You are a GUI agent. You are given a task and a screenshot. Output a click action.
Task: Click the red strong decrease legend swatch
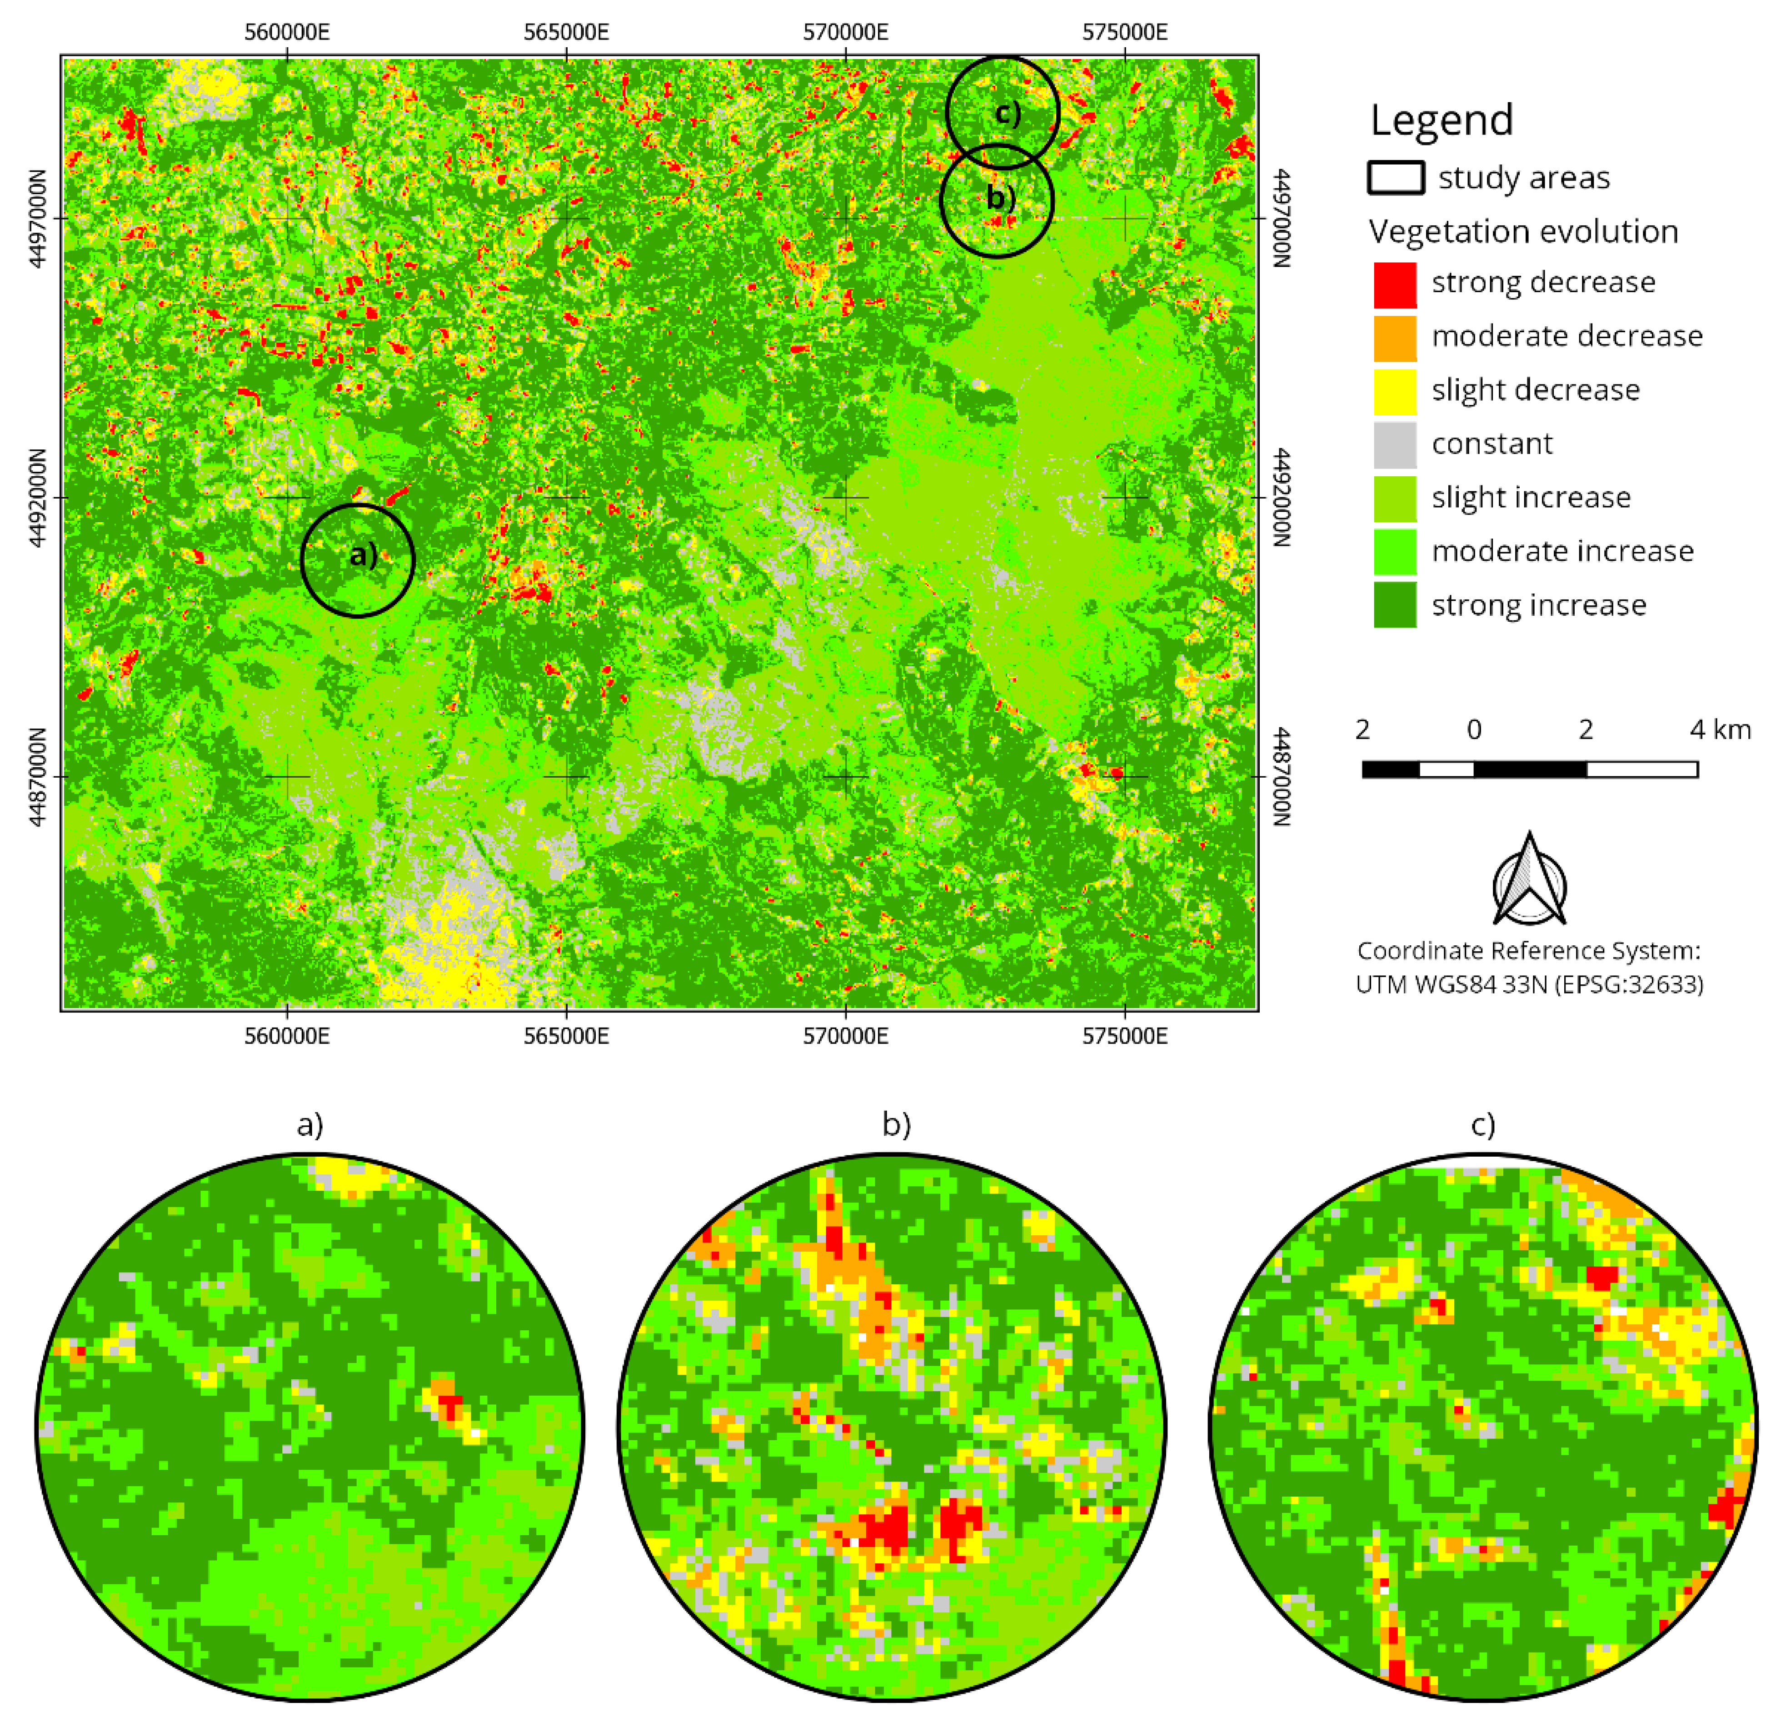pyautogui.click(x=1394, y=285)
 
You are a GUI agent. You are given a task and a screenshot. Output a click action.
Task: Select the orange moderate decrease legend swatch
pyautogui.click(x=1394, y=338)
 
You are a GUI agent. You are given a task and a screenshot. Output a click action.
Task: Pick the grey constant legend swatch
pyautogui.click(x=1394, y=445)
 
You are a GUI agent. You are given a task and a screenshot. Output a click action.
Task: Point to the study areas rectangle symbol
pyautogui.click(x=1395, y=178)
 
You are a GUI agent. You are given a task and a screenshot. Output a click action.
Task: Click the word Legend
pyautogui.click(x=1442, y=120)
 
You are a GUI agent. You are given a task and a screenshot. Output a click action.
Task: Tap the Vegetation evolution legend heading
pyautogui.click(x=1523, y=231)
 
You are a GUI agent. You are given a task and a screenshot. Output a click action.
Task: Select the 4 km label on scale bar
pyautogui.click(x=1720, y=730)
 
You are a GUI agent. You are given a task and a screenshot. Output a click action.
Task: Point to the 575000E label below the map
pyautogui.click(x=1124, y=1036)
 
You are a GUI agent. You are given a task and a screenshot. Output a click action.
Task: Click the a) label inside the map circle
pyautogui.click(x=363, y=554)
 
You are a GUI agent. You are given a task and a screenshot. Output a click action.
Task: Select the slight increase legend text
pyautogui.click(x=1531, y=498)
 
